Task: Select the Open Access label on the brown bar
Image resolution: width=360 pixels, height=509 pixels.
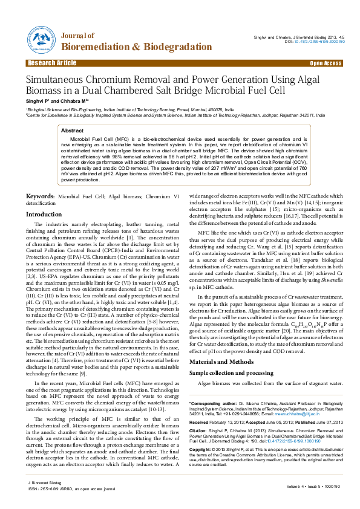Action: pos(326,63)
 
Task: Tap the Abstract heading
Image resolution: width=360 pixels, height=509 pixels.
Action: pos(73,131)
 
